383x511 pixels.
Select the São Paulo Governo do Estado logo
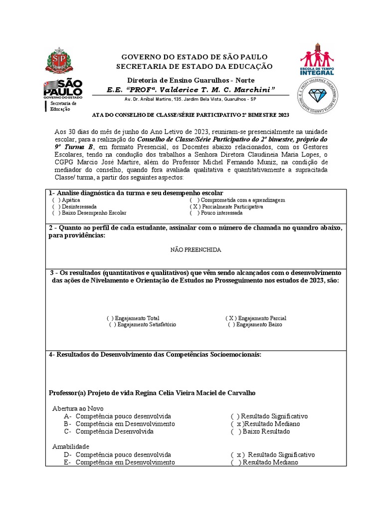tap(63, 88)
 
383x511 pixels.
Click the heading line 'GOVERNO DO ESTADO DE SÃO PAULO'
tap(194, 57)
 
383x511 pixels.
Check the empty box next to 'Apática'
tap(56, 200)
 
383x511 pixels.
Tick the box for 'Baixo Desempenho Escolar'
tap(56, 213)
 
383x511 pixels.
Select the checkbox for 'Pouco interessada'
tap(194, 213)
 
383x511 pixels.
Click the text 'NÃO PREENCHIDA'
tap(195, 250)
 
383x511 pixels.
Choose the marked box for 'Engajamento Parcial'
tap(231, 318)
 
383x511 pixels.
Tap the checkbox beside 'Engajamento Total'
tap(110, 318)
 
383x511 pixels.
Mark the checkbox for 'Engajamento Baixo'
tap(231, 324)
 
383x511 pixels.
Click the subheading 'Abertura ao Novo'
tap(78, 408)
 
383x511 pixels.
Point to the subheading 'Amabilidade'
tap(71, 447)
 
